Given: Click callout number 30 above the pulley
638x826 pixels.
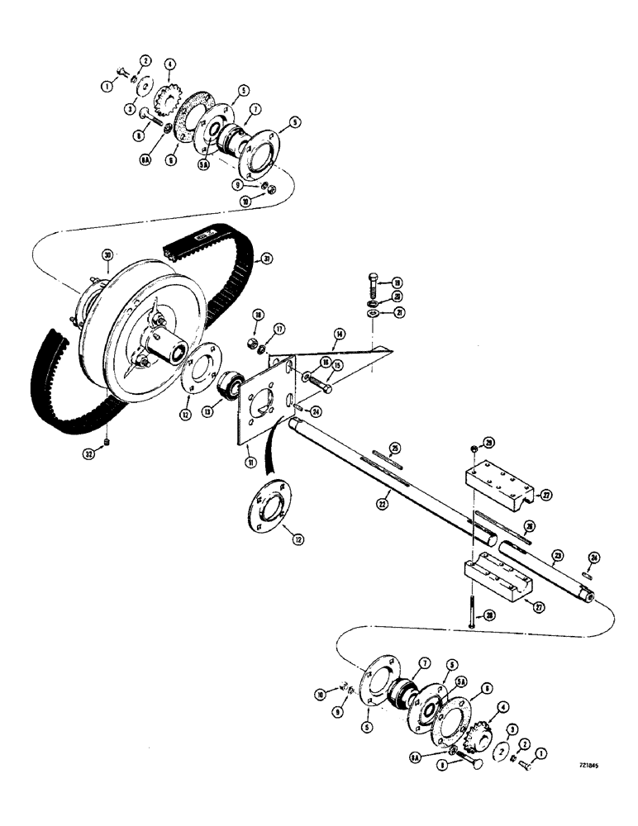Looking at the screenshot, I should [x=107, y=255].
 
